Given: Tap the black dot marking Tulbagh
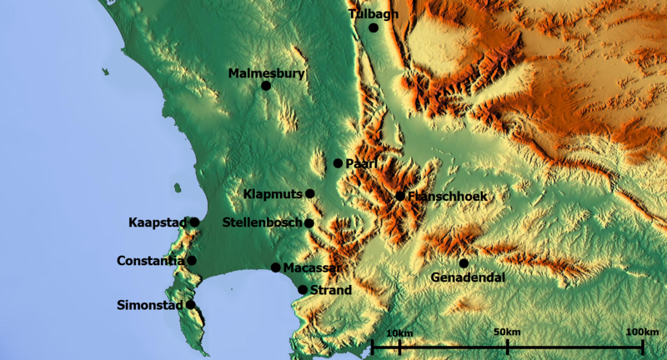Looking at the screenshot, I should (374, 27).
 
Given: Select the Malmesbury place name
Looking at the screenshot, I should (266, 73).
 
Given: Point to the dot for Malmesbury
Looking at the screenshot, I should (266, 85).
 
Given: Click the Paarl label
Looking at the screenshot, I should (361, 163).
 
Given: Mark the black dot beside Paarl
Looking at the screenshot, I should (338, 163).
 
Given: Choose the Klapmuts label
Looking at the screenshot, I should (273, 194).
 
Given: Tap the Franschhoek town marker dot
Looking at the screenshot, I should (400, 196).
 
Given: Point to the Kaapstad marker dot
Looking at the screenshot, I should (194, 222).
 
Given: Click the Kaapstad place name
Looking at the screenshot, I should (158, 222).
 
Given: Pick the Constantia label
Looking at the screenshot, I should (151, 261).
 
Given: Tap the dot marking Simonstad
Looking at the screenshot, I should (191, 304).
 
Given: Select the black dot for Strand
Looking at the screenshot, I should (303, 290).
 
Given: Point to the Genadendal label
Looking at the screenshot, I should (469, 277).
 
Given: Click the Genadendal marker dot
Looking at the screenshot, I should (464, 263).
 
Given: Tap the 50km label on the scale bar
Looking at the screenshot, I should (506, 332).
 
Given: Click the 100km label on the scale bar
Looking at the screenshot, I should (641, 332).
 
